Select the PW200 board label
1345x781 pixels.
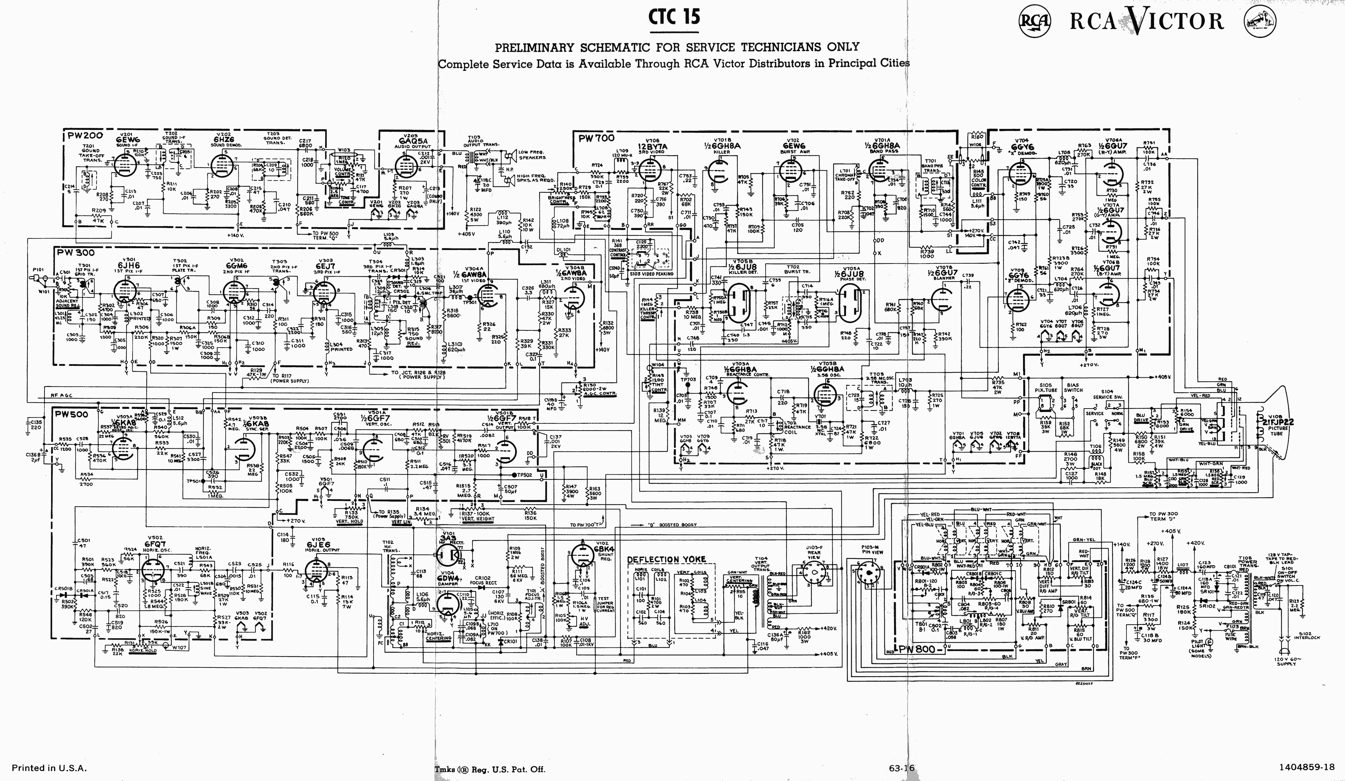pos(84,136)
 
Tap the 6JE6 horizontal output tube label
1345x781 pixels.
pos(317,544)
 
